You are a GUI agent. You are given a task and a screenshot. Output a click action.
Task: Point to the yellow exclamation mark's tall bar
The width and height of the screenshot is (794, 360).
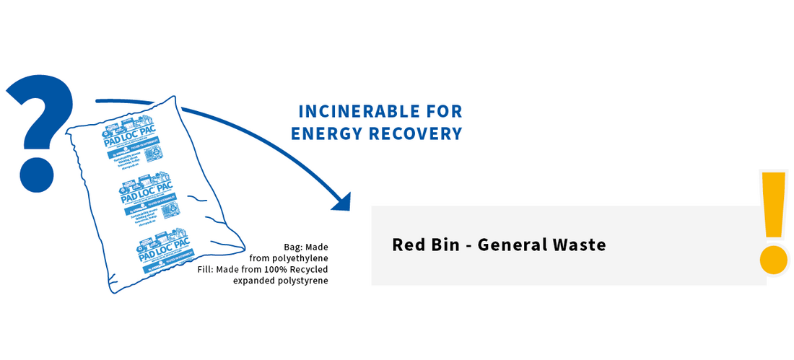tap(773, 204)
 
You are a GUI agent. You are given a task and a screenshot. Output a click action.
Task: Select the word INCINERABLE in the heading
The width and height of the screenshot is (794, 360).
tap(351, 112)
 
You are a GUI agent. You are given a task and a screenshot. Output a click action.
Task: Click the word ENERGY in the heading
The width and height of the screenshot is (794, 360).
tap(326, 133)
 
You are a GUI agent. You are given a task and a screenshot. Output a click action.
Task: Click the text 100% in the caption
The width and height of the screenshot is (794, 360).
tap(275, 269)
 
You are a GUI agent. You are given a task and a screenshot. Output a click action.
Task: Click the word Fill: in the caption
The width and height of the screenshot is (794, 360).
tap(208, 269)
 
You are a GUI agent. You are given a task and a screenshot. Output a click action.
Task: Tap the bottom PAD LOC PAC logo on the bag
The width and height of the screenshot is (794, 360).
tap(160, 249)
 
